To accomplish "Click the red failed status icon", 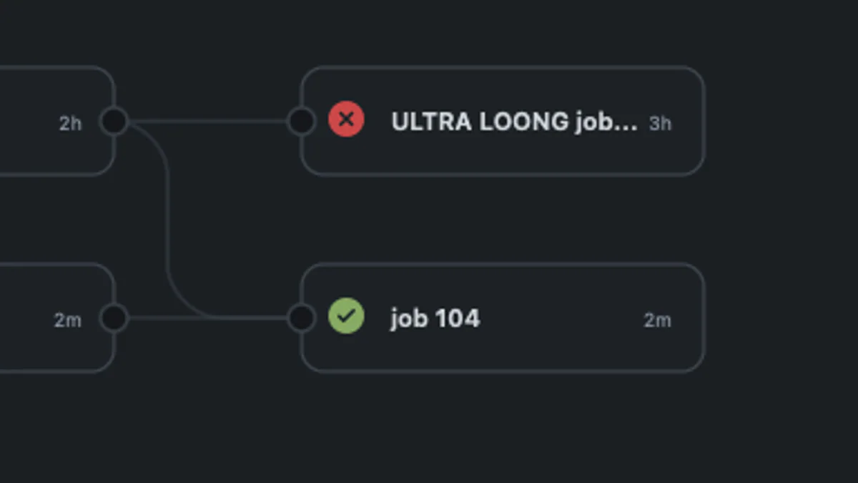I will (346, 119).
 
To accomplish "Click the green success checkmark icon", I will (346, 316).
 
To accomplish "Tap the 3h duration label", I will (660, 124).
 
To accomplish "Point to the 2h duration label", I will (70, 124).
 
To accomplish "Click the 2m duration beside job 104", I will (657, 321).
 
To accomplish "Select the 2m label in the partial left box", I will (68, 321).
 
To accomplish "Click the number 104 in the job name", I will (457, 318).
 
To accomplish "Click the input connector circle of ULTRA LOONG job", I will (301, 121).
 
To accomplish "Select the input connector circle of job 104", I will (301, 318).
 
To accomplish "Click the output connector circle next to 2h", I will (114, 121).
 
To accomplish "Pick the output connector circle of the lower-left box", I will (114, 318).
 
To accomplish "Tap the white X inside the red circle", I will (346, 119).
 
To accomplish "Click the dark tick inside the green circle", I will (346, 316).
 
